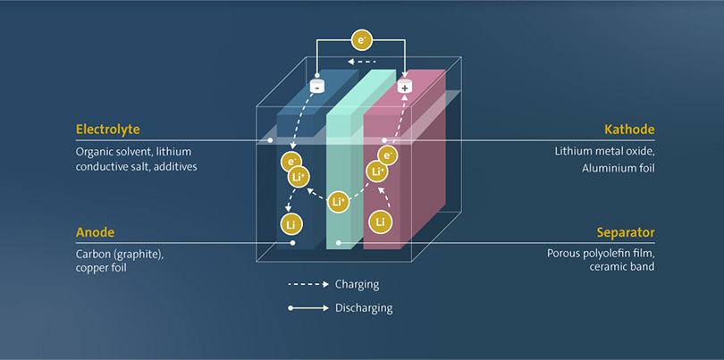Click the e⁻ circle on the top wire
coord(361,40)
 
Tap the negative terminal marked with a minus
coord(316,86)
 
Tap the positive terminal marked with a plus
coord(405,87)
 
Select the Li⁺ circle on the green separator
coord(338,202)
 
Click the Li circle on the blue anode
coord(291,225)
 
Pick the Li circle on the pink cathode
coord(380,222)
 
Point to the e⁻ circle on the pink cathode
coord(387,155)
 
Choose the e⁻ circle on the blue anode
coord(291,162)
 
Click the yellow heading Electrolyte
coord(107,130)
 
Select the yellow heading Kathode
coord(629,130)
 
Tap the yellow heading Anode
coord(95,231)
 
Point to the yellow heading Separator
coord(626,231)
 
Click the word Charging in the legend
coord(358,284)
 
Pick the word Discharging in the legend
coord(364,308)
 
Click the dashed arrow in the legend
coord(308,284)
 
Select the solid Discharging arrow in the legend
coord(308,308)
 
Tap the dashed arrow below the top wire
coord(362,62)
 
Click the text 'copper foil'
coord(101,268)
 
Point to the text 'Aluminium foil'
coord(619,169)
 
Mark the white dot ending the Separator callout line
coord(339,242)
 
